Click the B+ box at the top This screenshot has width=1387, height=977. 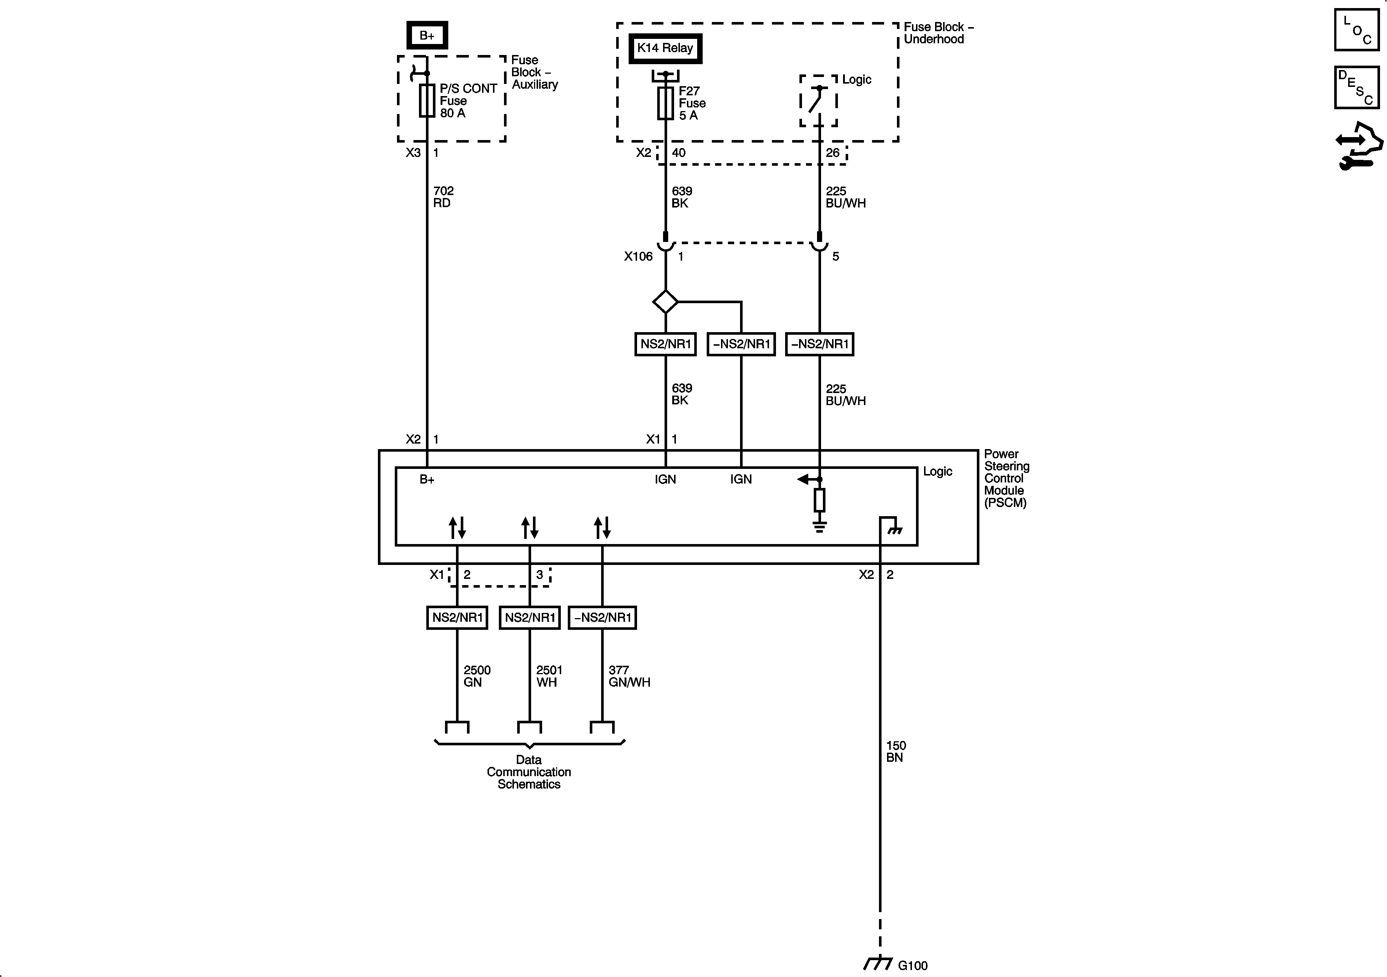[427, 36]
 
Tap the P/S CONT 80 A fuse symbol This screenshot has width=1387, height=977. [427, 100]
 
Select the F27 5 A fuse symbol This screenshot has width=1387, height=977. [665, 103]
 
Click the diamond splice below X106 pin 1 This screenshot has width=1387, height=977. [665, 301]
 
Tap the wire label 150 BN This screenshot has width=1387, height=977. [895, 752]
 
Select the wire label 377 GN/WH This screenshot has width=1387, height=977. [629, 676]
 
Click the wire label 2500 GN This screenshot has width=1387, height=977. [477, 676]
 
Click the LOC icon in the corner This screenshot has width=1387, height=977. [1356, 30]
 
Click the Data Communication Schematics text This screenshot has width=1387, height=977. [529, 772]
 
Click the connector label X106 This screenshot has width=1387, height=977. [638, 257]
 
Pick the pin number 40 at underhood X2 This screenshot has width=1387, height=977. [678, 153]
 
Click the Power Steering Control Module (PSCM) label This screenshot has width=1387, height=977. [1006, 478]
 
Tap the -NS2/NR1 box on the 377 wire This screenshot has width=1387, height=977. [602, 617]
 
